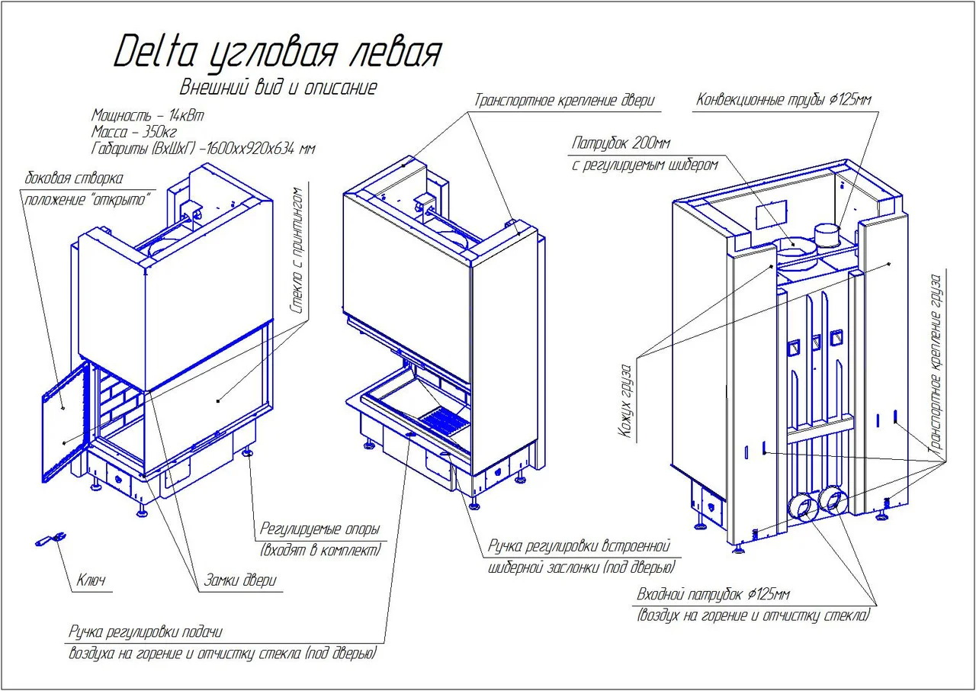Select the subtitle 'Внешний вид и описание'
click(278, 87)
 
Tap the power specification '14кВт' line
click(148, 115)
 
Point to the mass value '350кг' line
click(133, 131)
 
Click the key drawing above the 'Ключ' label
click(47, 541)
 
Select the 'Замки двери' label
click(239, 580)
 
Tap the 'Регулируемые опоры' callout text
click(319, 529)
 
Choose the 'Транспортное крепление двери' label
click(565, 101)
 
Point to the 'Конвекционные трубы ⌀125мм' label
click(784, 101)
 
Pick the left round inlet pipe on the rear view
click(801, 506)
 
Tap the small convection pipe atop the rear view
click(825, 232)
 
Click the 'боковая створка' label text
click(74, 179)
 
